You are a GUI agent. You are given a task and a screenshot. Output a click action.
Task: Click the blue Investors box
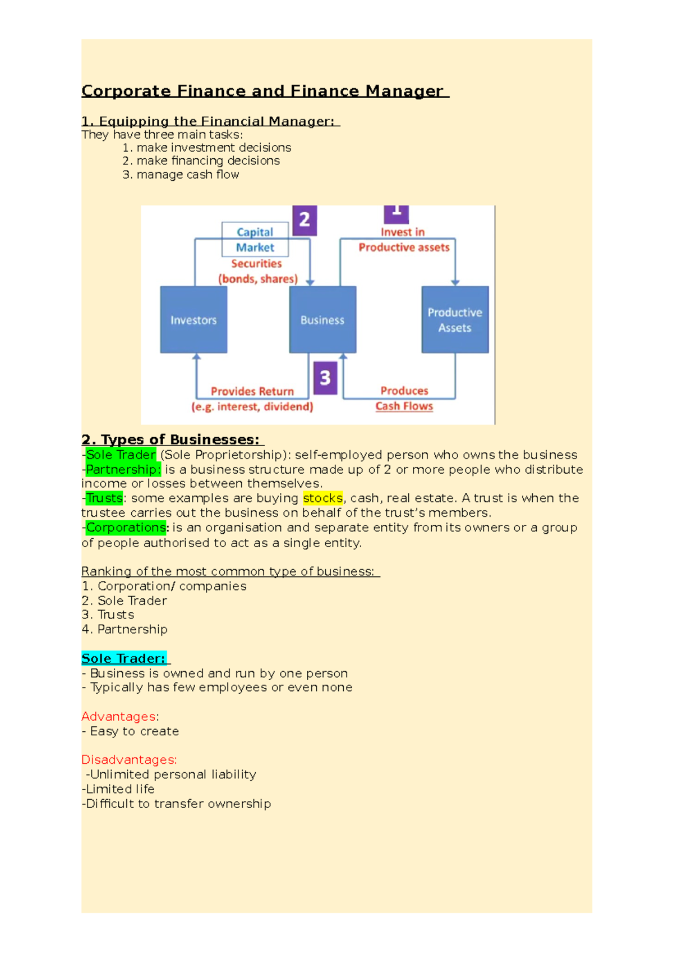click(193, 319)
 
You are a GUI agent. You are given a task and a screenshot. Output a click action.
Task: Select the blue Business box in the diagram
click(322, 319)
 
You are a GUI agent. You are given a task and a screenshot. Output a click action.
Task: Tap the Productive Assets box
click(455, 319)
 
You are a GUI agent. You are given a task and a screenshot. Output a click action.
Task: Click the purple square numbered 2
click(305, 220)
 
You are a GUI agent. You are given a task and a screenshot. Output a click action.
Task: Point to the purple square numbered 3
click(325, 378)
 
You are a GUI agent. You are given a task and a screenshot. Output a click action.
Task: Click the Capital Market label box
click(255, 240)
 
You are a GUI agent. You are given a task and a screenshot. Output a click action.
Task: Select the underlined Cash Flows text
click(404, 406)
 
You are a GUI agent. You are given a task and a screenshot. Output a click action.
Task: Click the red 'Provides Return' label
click(252, 391)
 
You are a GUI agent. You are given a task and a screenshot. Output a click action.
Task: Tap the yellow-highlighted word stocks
click(322, 498)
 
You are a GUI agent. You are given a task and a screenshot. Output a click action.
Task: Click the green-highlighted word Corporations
click(126, 528)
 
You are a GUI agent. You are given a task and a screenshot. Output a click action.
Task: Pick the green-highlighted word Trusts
click(104, 498)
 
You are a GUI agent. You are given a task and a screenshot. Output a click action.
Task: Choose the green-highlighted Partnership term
click(123, 469)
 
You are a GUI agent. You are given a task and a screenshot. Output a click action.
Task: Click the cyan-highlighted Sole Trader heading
click(124, 658)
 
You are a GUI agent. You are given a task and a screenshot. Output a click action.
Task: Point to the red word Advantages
click(119, 717)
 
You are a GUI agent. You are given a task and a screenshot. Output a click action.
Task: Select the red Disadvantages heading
click(129, 759)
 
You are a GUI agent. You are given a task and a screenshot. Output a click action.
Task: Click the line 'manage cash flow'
click(187, 175)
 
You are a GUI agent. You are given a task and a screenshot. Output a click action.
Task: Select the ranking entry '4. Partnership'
click(125, 629)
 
